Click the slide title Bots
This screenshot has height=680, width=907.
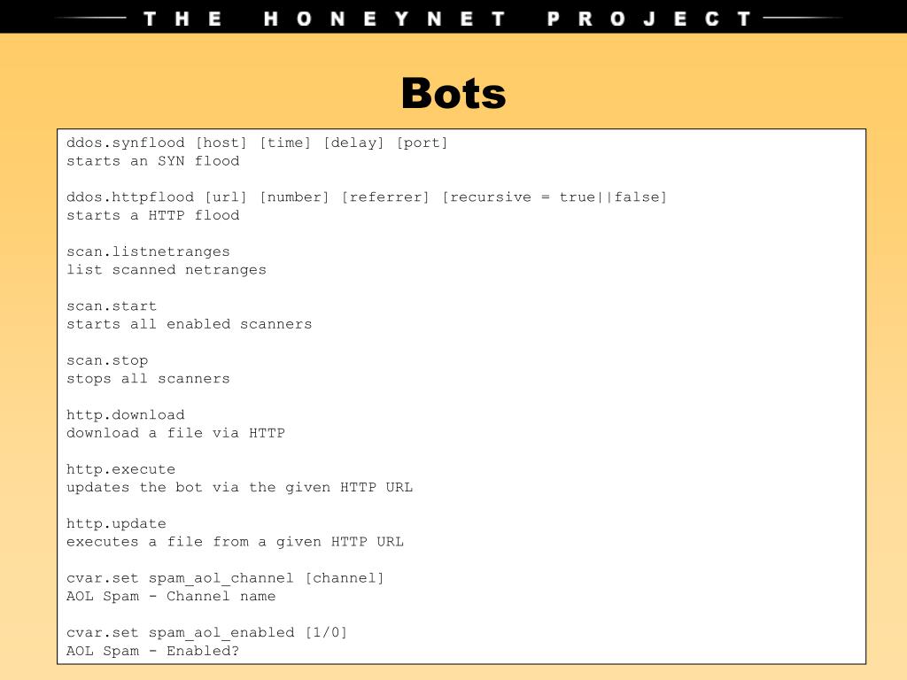coord(453,94)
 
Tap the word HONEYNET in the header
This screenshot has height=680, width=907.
coord(385,19)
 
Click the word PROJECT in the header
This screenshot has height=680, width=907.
coord(649,19)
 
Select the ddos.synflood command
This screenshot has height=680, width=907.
coord(126,143)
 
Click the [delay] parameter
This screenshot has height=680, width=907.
coord(353,143)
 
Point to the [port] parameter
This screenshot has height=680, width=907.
coord(422,143)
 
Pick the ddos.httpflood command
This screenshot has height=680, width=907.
coord(130,197)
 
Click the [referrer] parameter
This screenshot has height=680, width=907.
coord(385,197)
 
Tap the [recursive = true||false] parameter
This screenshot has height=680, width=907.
coord(554,197)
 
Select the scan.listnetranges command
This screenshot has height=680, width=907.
coord(148,251)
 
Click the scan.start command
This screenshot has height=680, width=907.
coord(112,305)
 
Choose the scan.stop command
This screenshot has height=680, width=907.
coord(107,360)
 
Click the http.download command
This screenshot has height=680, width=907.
coord(126,414)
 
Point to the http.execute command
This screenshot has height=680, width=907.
coord(121,469)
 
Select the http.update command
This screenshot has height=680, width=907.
coord(116,523)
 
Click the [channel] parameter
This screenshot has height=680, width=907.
coord(345,578)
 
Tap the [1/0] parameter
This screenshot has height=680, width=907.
coord(326,632)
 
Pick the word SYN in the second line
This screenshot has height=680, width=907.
coord(171,161)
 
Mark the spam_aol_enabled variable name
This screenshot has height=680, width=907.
coord(221,632)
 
